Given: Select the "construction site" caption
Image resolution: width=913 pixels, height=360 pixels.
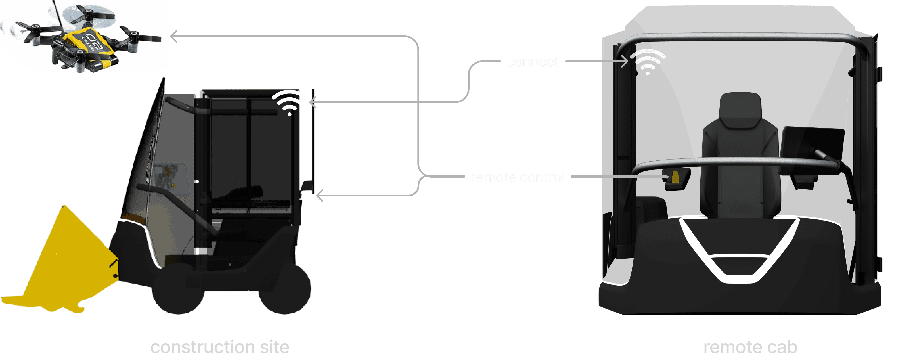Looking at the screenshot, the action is click(x=220, y=347).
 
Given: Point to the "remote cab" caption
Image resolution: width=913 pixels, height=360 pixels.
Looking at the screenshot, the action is click(x=750, y=347).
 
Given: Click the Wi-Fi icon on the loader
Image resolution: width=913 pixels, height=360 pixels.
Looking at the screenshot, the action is click(x=289, y=103).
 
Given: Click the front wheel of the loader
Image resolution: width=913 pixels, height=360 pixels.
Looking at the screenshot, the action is click(x=177, y=289).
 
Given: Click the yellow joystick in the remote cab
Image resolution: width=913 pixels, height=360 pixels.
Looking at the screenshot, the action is click(x=675, y=177).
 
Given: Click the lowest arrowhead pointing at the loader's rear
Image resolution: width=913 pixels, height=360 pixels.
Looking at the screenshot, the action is click(x=319, y=195).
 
